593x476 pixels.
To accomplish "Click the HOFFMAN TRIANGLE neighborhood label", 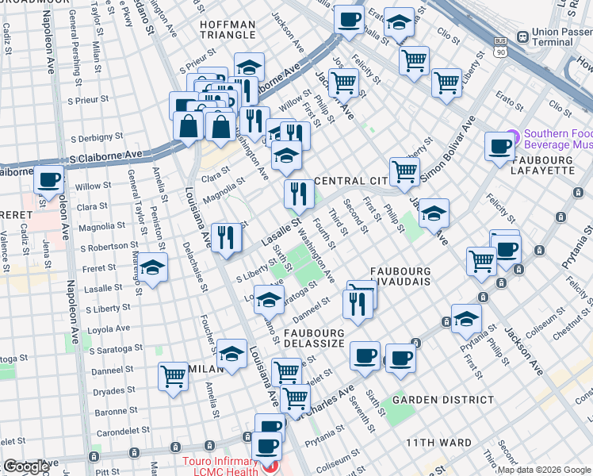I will click(x=228, y=30).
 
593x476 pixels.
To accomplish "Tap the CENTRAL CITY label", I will click(x=350, y=181).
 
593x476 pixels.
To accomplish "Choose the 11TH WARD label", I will click(x=438, y=442).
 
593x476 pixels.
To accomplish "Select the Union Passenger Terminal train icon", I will click(x=522, y=36).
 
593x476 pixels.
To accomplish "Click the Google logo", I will click(x=26, y=466).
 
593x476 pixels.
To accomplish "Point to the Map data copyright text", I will click(x=545, y=469).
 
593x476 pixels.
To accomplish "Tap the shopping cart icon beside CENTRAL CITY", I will click(x=404, y=170).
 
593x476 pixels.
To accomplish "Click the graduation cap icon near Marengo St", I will click(x=154, y=267).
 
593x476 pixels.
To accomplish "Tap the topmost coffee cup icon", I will click(x=348, y=18).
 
